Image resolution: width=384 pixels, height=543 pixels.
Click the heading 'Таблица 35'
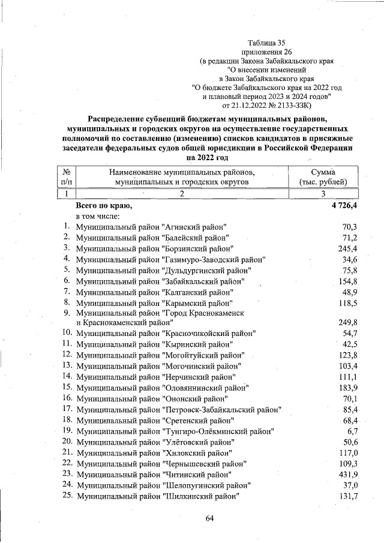pyautogui.click(x=266, y=43)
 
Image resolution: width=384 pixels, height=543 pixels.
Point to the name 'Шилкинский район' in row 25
pyautogui.click(x=201, y=496)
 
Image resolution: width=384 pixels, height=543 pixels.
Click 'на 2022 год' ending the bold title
pyautogui.click(x=208, y=157)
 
